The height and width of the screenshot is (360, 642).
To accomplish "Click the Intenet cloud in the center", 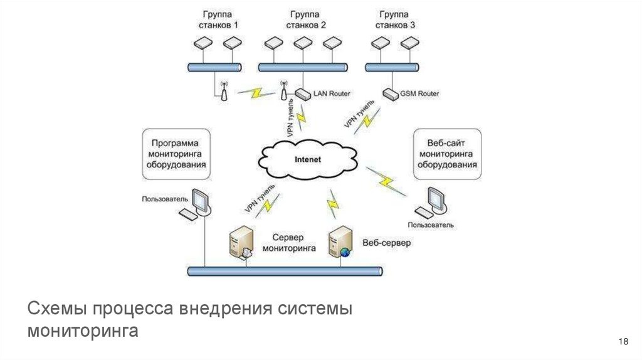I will coord(307,159).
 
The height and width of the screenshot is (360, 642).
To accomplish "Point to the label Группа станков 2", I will coord(307,19).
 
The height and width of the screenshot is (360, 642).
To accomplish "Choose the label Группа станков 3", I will coord(395,19).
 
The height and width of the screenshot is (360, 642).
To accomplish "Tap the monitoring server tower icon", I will coord(242,242).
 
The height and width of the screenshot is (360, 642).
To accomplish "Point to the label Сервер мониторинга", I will coord(288,243).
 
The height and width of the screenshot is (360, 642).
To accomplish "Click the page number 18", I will coord(623,341).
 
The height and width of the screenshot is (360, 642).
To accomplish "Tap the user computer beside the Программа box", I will coord(197,204).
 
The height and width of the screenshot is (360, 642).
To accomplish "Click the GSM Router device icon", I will coord(391,94).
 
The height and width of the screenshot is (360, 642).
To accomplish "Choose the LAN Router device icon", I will coord(302,94).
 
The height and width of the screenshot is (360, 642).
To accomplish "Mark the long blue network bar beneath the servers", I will coord(285,271).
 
